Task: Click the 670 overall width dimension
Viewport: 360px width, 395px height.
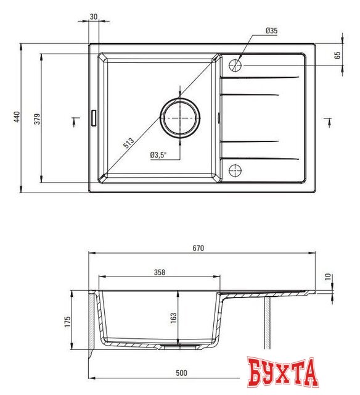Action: pos(198,248)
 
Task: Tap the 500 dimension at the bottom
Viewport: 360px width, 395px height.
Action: pos(182,373)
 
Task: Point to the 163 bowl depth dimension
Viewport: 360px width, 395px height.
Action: pos(174,317)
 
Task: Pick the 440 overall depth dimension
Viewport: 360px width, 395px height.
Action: pos(17,117)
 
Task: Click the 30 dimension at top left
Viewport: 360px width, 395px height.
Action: pos(93,17)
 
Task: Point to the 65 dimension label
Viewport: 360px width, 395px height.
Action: pos(338,55)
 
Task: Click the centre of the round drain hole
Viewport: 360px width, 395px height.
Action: pos(179,117)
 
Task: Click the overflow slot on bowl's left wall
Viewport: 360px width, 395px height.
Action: pos(94,117)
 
